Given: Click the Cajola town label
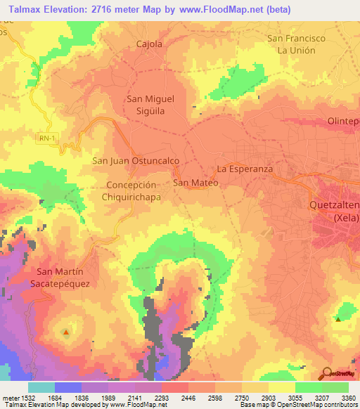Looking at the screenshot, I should click(148, 44).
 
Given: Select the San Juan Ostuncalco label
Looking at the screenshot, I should click(136, 161).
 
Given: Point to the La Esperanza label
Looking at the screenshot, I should click(244, 169).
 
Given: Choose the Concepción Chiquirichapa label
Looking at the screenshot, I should click(134, 191).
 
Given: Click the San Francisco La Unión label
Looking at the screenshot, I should click(296, 44).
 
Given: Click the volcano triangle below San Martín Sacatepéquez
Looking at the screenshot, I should click(66, 331).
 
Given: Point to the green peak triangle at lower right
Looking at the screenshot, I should click(338, 320).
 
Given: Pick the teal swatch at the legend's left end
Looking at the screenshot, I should click(41, 387).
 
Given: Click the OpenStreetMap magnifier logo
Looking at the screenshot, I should click(326, 372).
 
